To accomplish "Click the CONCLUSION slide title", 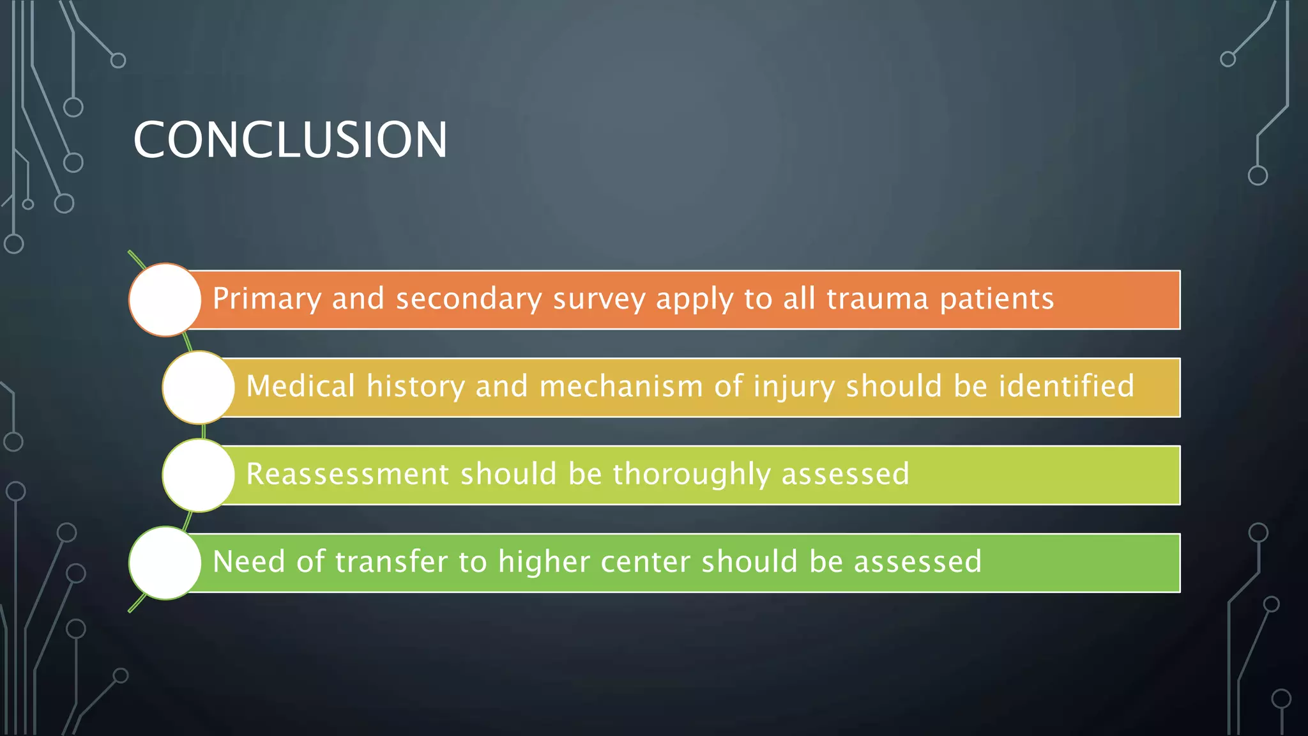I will click(290, 140).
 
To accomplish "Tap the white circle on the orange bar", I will click(165, 300).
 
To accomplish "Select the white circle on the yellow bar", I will click(199, 387).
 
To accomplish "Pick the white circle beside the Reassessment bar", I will click(199, 475).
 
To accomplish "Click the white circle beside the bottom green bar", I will click(165, 563).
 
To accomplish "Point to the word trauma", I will click(877, 299).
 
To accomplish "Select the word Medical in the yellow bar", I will click(300, 387).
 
